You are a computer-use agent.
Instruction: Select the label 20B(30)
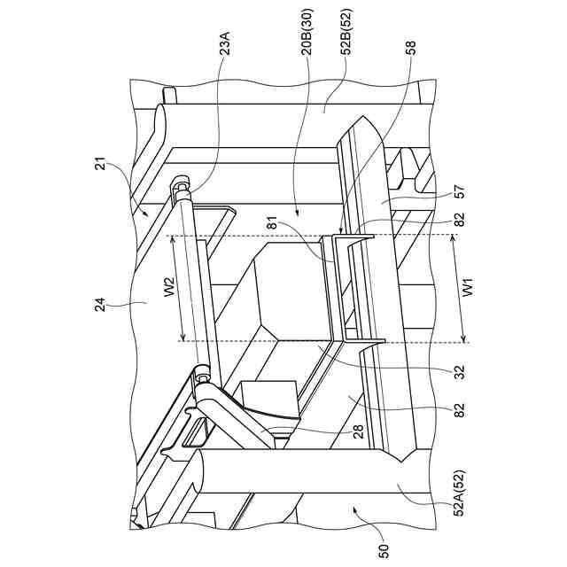point(306,55)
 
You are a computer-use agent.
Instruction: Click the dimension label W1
point(471,289)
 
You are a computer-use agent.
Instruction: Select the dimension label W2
point(170,290)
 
